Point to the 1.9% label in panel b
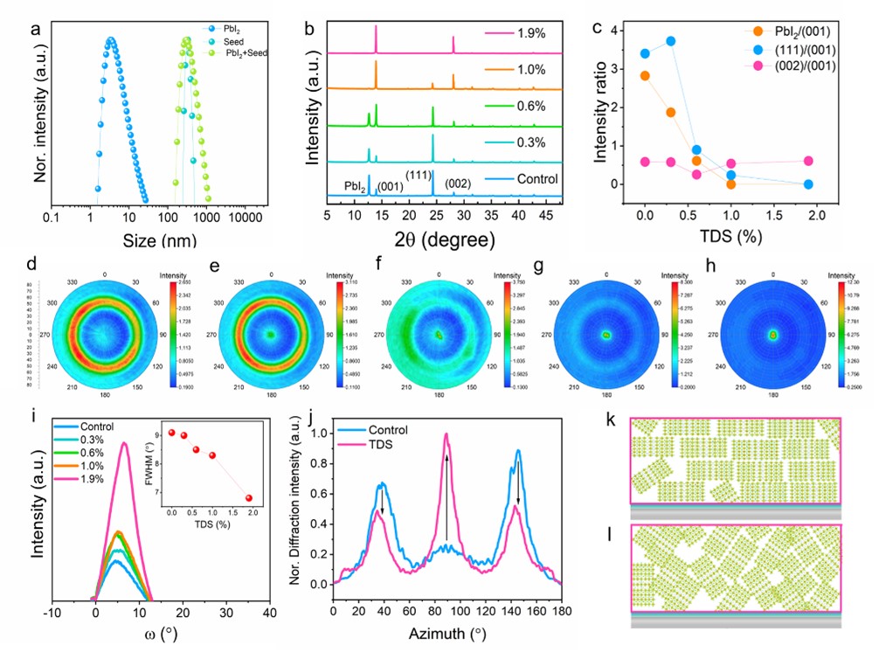pos(528,34)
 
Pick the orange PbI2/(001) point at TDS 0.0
pos(645,76)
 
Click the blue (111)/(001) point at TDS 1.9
pos(808,184)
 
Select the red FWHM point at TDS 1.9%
pos(249,498)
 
